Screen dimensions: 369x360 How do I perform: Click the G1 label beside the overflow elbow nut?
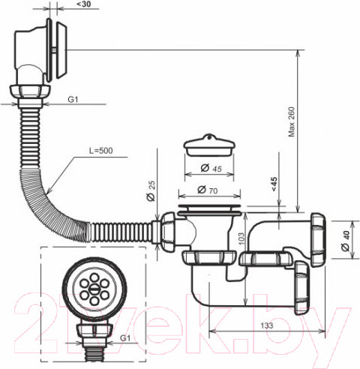coord(73,99)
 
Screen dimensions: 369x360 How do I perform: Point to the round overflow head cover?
coord(61,46)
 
